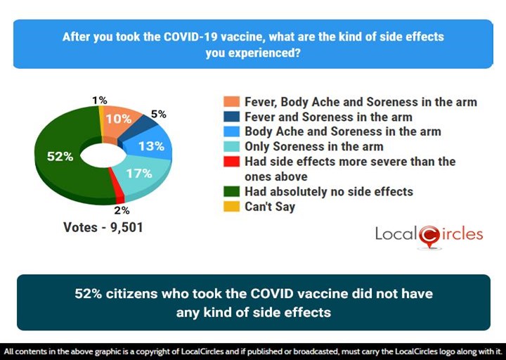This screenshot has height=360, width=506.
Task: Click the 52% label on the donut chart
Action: (60, 157)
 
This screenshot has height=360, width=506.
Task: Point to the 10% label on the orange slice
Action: (118, 119)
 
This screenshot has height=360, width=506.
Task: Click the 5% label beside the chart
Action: (160, 113)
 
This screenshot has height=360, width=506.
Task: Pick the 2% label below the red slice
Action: (121, 209)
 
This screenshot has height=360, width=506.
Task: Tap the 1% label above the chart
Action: (99, 101)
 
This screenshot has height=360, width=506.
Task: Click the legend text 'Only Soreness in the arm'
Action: (313, 146)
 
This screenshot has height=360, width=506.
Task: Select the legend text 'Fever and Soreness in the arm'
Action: (327, 117)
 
